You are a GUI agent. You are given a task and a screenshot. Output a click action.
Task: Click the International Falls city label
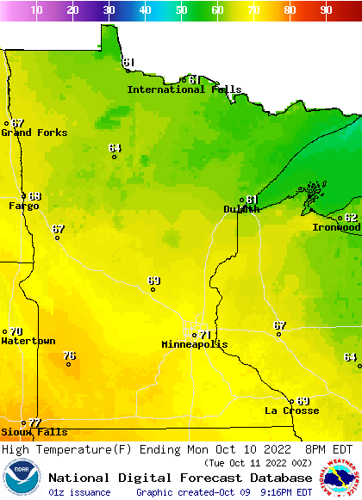(178, 90)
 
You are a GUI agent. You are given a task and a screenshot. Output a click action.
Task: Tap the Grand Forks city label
(28, 133)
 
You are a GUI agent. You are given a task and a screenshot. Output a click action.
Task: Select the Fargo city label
(23, 207)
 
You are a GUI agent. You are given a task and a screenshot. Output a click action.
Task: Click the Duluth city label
(240, 209)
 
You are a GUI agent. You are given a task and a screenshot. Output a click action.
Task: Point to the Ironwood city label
(335, 227)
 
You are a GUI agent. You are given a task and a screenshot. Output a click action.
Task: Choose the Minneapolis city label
(195, 344)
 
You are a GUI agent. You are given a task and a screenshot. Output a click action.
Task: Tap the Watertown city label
(28, 342)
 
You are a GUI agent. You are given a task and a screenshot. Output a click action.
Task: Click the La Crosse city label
(291, 410)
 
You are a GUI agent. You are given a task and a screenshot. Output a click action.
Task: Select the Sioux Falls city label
(34, 432)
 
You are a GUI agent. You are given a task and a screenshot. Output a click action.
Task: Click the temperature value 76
(69, 355)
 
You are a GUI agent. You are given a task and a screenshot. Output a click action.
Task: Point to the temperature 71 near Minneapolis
(204, 335)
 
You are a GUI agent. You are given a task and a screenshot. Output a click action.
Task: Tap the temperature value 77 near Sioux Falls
(34, 423)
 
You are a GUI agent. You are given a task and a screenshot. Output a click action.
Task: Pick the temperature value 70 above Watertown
(16, 331)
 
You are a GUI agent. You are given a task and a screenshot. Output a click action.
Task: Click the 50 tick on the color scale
(181, 10)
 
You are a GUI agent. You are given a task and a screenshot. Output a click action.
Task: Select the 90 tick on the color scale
(326, 10)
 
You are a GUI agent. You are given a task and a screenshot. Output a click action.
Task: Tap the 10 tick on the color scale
(36, 10)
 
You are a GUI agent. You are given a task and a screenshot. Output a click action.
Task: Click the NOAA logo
(21, 478)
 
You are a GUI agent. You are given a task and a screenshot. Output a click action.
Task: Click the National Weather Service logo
(341, 478)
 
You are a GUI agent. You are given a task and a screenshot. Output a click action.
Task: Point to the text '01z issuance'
(79, 492)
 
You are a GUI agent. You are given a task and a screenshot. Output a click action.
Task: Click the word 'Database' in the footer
(276, 478)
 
